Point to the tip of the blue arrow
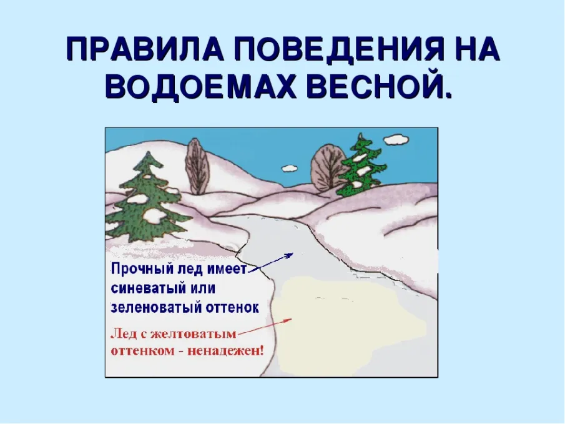(292, 254)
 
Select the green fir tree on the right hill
(360, 165)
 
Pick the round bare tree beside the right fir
(327, 167)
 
